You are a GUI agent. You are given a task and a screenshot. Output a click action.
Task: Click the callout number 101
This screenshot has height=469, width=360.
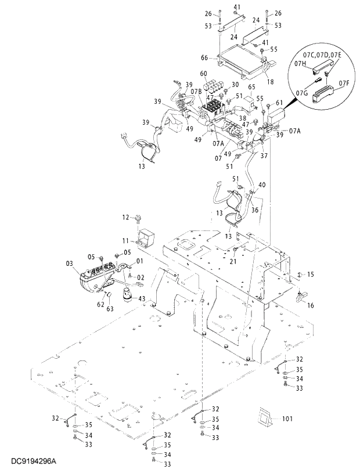288,418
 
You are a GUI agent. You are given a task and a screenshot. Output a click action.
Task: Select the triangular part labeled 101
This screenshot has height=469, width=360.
267,417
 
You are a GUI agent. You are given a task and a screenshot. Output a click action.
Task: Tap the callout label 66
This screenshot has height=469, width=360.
204,57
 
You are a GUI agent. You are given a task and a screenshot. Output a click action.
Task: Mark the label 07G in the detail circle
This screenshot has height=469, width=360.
301,93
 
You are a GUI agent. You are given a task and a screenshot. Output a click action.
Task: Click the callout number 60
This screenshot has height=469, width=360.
203,74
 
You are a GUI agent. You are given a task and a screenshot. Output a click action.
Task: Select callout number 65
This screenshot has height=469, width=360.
252,87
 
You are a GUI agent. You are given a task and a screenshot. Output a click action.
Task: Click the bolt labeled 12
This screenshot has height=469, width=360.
138,219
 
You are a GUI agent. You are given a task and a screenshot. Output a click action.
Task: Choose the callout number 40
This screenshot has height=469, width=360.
262,185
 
